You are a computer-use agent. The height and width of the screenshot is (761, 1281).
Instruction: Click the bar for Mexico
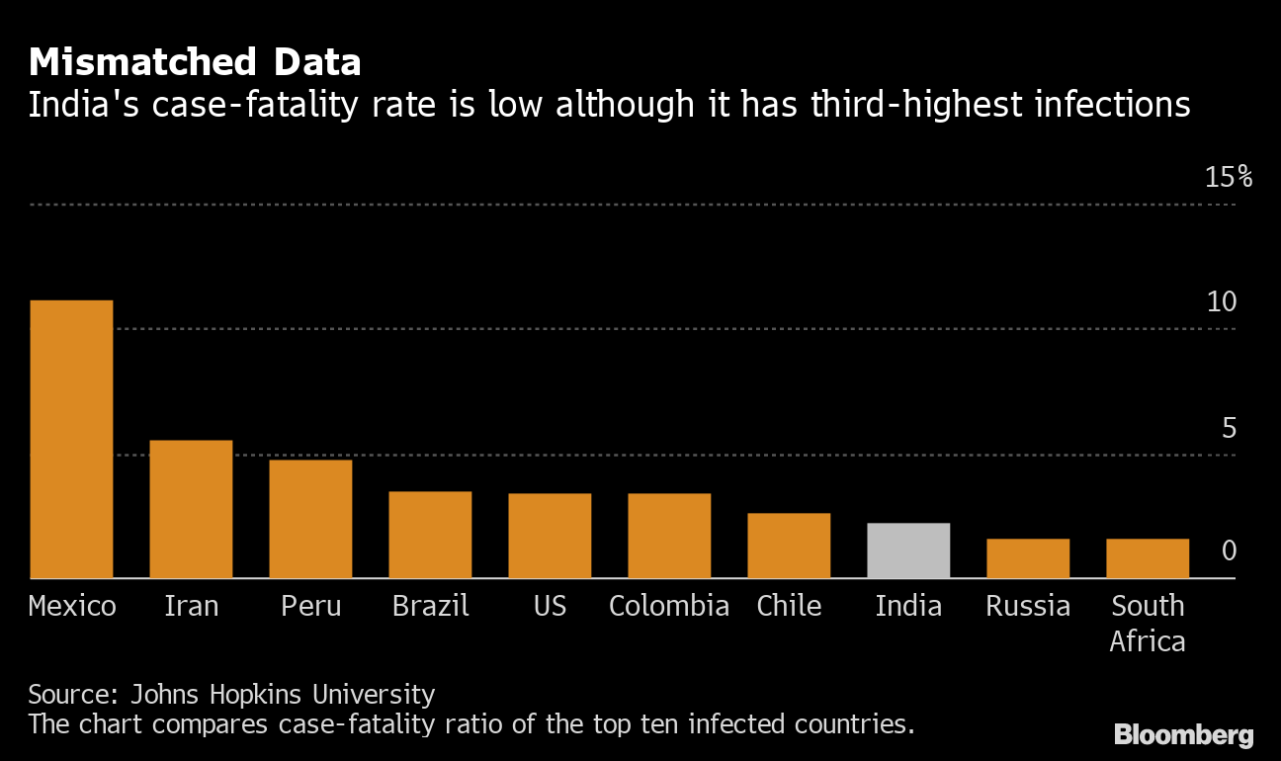[x=71, y=439]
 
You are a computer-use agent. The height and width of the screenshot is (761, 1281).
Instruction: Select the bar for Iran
[x=191, y=509]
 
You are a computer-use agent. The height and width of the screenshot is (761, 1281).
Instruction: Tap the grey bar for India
[x=908, y=550]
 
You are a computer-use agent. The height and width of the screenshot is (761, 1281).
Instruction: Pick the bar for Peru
[x=310, y=519]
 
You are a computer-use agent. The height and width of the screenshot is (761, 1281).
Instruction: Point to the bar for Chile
[x=789, y=546]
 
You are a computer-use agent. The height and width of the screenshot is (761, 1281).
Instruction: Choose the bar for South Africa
[x=1148, y=558]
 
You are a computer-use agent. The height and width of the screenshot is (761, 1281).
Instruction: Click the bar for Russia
[x=1028, y=558]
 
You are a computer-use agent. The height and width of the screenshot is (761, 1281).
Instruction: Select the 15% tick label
[x=1228, y=178]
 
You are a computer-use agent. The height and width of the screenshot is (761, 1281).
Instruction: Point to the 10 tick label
[x=1222, y=302]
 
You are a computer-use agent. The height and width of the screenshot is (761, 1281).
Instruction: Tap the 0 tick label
[x=1229, y=550]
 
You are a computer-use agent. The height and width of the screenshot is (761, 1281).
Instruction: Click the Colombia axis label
[x=669, y=606]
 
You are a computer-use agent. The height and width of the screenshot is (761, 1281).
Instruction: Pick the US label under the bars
[x=550, y=606]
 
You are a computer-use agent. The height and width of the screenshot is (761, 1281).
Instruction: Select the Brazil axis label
[x=430, y=606]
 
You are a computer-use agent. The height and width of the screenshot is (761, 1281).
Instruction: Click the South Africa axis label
[x=1148, y=624]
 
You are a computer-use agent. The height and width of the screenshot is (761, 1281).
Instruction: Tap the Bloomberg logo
[x=1183, y=735]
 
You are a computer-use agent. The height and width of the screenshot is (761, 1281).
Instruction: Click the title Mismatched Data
[x=195, y=63]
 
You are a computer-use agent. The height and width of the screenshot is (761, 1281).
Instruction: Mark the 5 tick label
[x=1229, y=428]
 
